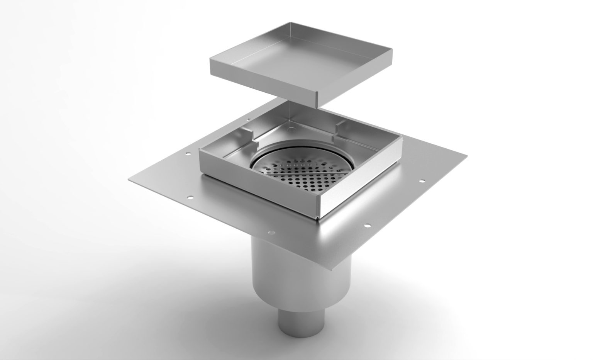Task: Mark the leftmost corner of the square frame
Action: pyautogui.click(x=199, y=151)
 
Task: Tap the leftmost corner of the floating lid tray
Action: pyautogui.click(x=210, y=59)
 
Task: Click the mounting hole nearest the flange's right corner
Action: pyautogui.click(x=422, y=180)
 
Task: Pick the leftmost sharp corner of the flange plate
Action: pyautogui.click(x=128, y=179)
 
